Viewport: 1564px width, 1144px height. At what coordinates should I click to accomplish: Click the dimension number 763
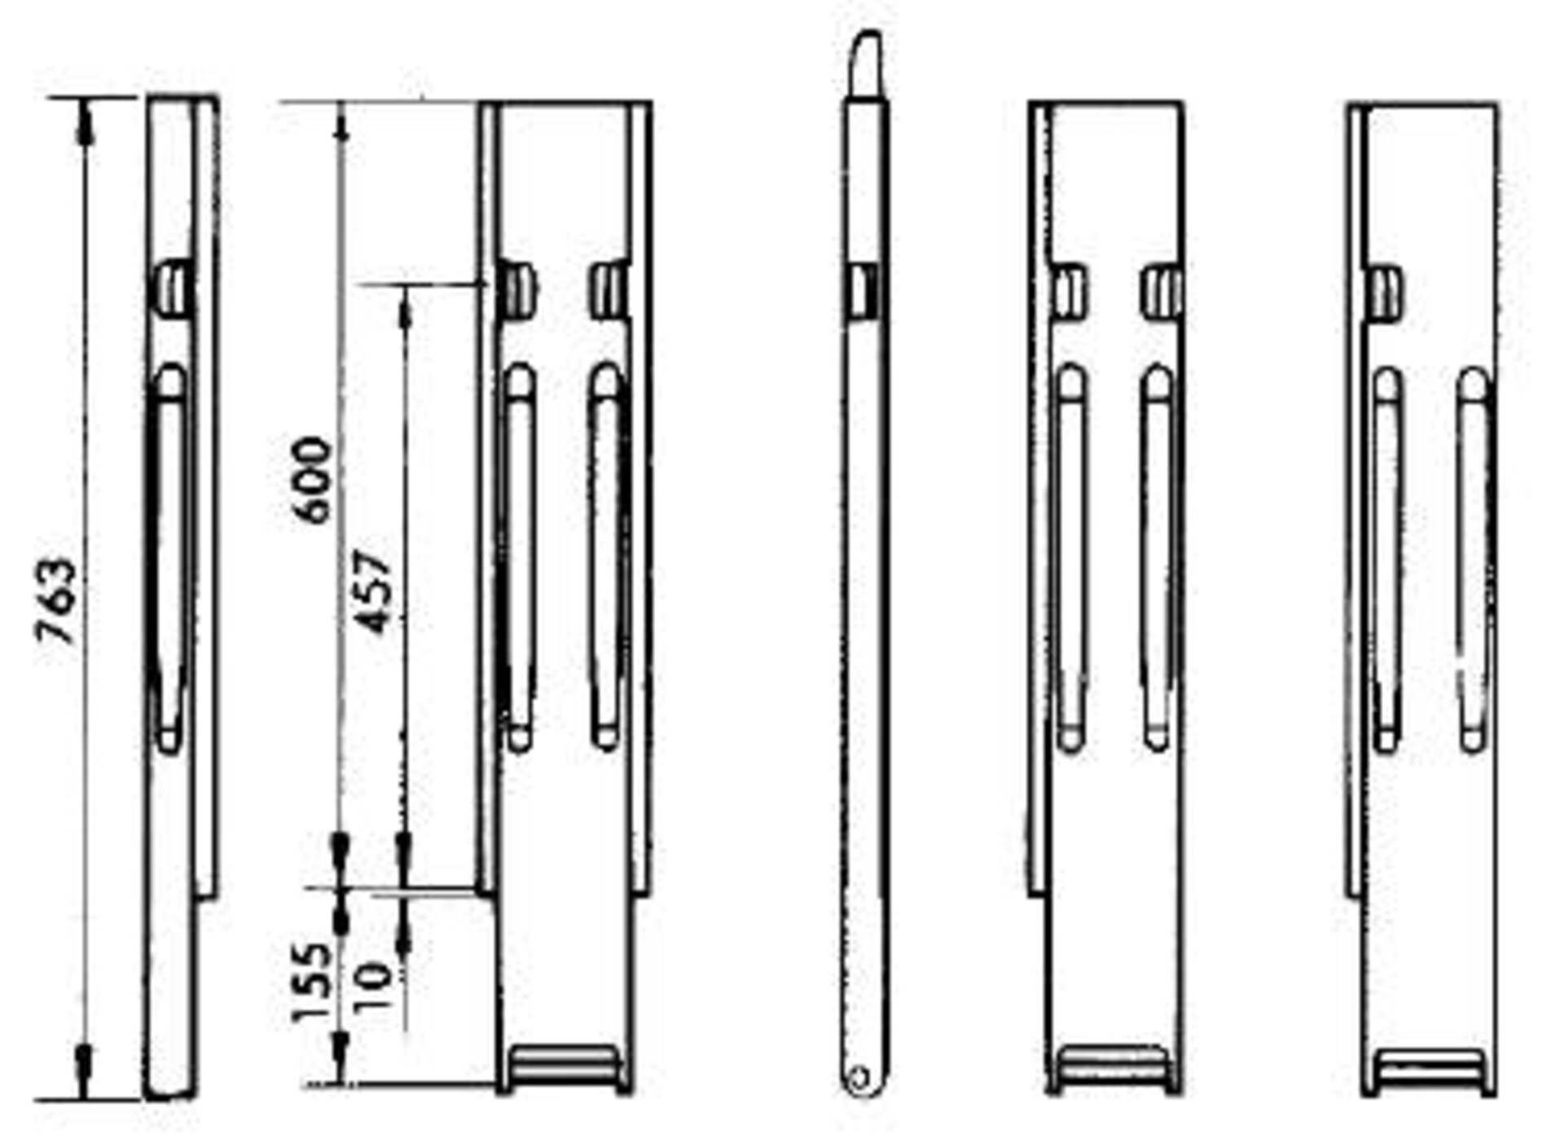59,601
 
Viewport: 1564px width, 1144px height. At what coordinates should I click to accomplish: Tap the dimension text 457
376,592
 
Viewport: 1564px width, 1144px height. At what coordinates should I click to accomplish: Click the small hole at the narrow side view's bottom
859,1078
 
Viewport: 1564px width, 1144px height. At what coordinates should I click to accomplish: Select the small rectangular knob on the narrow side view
864,288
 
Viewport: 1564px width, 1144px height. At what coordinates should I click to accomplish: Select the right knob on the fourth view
1162,292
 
